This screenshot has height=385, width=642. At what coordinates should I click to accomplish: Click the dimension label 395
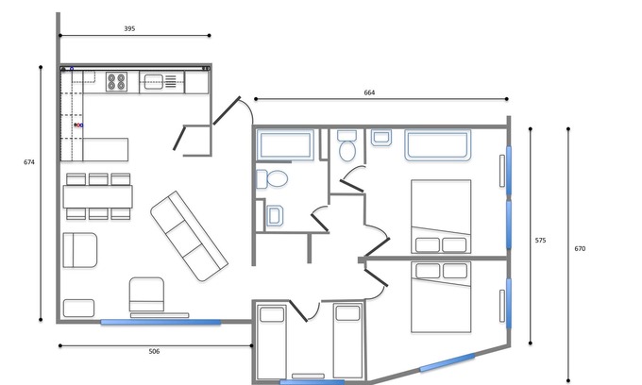(129, 28)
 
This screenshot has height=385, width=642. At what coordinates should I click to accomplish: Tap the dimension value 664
(369, 92)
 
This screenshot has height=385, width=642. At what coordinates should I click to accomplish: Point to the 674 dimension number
(29, 162)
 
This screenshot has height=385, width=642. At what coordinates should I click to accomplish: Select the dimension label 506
(154, 351)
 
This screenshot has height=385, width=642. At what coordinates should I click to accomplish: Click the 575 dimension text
(540, 241)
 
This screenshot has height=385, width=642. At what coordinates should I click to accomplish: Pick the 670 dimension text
(580, 249)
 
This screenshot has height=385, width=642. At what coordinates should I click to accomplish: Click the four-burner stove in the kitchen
(116, 81)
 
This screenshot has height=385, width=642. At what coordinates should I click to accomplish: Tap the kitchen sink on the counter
(154, 82)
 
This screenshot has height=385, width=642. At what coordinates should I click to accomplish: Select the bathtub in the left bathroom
(285, 144)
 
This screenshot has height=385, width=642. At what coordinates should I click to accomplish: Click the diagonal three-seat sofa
(189, 236)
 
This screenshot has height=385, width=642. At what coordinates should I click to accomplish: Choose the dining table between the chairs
(98, 197)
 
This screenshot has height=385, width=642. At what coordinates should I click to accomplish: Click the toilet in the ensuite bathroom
(347, 146)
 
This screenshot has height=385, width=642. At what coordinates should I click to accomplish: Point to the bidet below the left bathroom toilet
(275, 215)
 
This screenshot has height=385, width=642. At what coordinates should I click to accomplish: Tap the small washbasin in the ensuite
(381, 138)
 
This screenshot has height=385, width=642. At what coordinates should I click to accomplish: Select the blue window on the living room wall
(160, 323)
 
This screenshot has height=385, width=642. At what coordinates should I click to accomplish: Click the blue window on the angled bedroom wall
(448, 362)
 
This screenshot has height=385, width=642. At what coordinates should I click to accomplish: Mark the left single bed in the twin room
(272, 342)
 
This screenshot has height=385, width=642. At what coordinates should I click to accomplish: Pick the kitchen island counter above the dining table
(105, 149)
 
